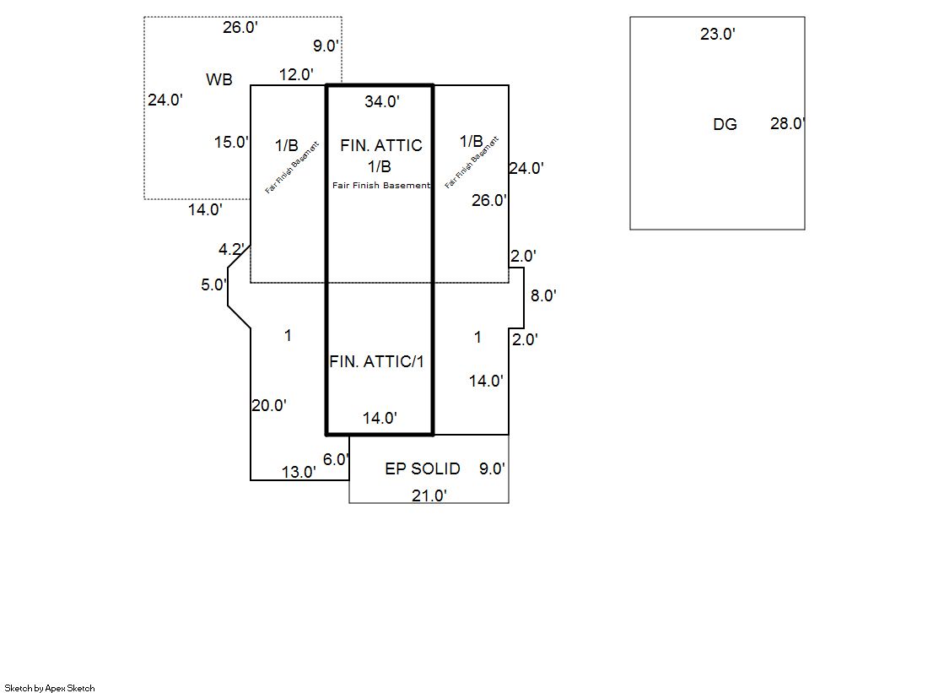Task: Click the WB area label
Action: tap(218, 80)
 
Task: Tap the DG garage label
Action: tap(725, 125)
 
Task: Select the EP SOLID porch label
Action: tap(423, 468)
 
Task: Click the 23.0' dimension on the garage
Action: tap(718, 35)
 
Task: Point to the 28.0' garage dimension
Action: tap(787, 124)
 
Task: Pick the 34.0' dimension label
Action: tap(382, 102)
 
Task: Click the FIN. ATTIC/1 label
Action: tap(376, 361)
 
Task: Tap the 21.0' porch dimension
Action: tap(429, 495)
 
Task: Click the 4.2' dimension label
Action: tap(231, 250)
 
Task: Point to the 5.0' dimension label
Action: tap(213, 285)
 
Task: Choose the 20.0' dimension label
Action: tap(269, 405)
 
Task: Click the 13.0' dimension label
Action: tap(299, 473)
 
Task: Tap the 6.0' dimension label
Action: tap(336, 460)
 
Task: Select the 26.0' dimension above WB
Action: tap(240, 28)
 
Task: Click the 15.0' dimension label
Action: tap(231, 142)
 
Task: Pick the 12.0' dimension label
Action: tap(296, 74)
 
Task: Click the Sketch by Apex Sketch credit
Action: tap(50, 688)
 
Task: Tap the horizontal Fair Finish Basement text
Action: tap(381, 186)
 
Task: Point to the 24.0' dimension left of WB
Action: tap(165, 100)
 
